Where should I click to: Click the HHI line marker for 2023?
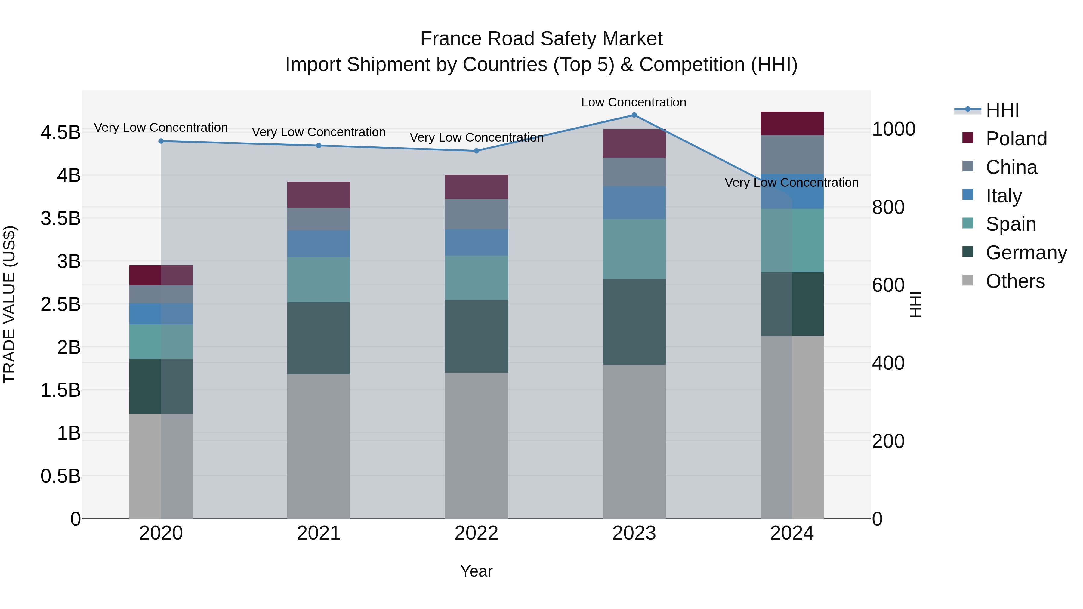[634, 115]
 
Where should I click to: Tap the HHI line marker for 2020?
[161, 141]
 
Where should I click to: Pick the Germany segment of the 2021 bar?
[319, 338]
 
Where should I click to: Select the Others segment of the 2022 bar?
[476, 445]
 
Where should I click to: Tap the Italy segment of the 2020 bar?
[161, 314]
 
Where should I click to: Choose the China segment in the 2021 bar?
[319, 219]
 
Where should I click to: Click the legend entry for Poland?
[1016, 139]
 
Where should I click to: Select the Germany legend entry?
[1026, 253]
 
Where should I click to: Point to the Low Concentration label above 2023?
[634, 102]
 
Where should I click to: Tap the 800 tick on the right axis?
[888, 207]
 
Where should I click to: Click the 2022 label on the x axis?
[476, 533]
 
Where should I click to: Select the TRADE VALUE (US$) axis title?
[9, 304]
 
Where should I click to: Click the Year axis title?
[476, 571]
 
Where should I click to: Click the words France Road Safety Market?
[541, 39]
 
